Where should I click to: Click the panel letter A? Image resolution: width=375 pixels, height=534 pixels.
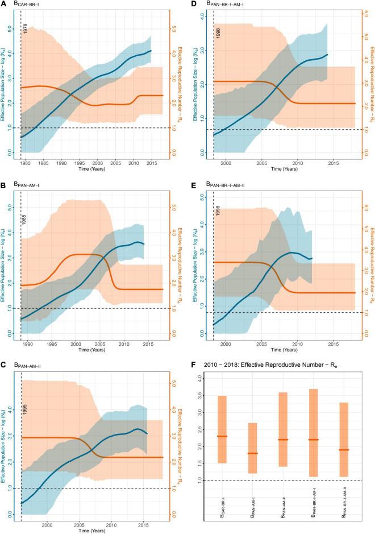[x=4, y=5]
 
